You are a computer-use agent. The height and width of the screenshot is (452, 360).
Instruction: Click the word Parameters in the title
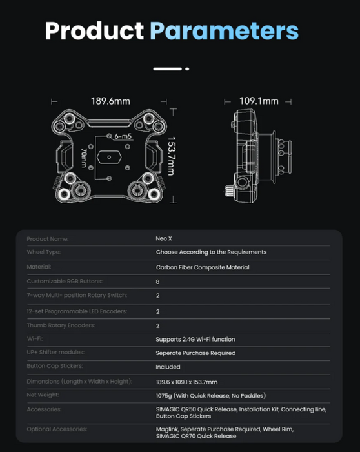click(x=224, y=31)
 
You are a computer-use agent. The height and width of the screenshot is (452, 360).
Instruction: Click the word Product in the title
click(x=94, y=31)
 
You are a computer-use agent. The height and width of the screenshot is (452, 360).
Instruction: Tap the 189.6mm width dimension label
click(x=110, y=101)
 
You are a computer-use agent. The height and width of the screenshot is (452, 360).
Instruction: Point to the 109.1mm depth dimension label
click(x=259, y=101)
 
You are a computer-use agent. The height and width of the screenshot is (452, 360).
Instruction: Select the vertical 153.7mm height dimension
click(x=171, y=155)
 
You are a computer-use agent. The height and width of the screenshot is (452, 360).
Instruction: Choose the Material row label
click(x=39, y=267)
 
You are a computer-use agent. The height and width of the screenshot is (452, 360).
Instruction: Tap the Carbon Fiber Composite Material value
click(x=202, y=267)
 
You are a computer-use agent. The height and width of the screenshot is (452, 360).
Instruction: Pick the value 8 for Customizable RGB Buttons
click(x=158, y=282)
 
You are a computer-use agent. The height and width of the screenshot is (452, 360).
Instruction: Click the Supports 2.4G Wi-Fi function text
click(x=195, y=339)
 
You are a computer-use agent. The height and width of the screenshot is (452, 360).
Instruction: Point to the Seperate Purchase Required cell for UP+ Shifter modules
click(x=195, y=353)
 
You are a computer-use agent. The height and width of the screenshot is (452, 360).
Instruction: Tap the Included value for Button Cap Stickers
click(x=168, y=367)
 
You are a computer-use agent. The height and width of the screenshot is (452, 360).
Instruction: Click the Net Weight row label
click(x=43, y=395)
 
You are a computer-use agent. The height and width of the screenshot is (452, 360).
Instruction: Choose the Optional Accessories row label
click(x=55, y=429)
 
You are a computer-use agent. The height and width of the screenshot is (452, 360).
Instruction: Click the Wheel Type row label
click(x=43, y=252)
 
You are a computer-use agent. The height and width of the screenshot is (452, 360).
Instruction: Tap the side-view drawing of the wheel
click(x=258, y=154)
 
